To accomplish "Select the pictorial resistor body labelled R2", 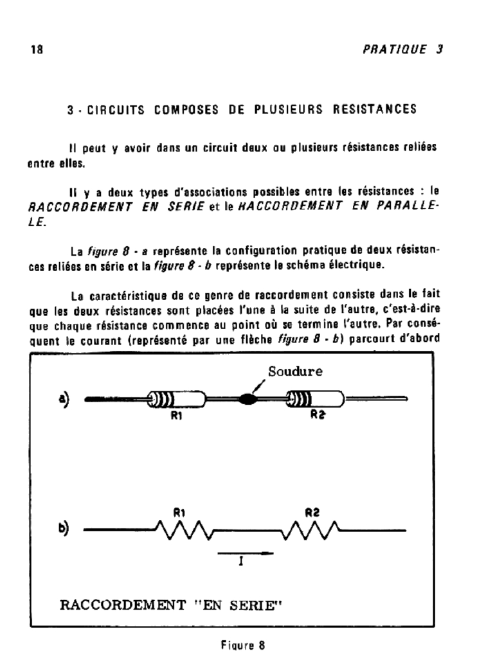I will click(x=316, y=400).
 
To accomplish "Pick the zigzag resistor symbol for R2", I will click(x=312, y=531).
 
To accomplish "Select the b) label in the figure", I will click(x=65, y=531).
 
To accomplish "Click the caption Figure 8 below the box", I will click(x=242, y=643).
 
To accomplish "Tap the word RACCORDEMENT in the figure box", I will click(x=118, y=606).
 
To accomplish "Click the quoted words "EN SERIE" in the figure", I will click(x=233, y=606).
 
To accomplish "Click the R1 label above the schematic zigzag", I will click(x=179, y=512).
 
